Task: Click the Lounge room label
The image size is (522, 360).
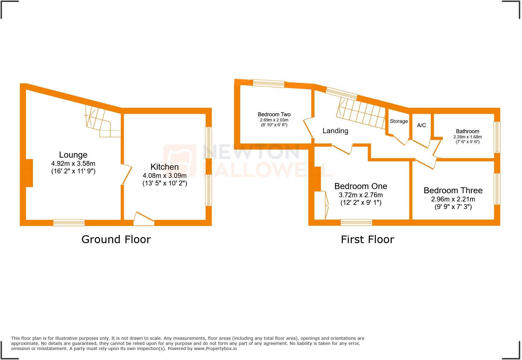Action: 73,155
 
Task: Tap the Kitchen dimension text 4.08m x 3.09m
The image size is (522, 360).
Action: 165,175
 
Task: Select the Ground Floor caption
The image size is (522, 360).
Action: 116,239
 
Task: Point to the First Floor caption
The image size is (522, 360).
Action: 367,239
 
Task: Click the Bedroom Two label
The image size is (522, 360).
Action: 274,114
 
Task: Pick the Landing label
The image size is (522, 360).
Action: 335,131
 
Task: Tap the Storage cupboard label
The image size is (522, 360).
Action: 399,121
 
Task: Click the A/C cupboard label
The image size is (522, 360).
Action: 421,125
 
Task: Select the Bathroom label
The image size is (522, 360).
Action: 467,131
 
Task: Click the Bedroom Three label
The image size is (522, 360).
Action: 453,191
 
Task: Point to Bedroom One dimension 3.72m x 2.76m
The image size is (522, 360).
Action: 361,195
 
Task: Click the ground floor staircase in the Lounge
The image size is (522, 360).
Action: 100,121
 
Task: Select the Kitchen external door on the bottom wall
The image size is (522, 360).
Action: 144,219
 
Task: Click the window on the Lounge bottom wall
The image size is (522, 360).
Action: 69,223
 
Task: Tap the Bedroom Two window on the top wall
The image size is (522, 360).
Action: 269,83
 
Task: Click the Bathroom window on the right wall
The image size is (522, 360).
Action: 497,137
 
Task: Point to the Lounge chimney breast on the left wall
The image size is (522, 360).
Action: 29,173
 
